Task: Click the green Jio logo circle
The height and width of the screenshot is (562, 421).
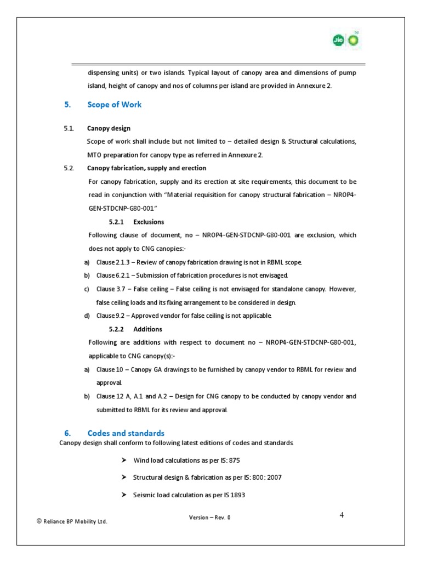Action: click(339, 40)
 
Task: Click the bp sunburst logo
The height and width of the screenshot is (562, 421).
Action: click(351, 40)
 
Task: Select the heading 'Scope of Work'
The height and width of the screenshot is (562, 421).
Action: click(114, 105)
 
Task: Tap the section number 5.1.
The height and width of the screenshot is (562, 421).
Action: click(68, 128)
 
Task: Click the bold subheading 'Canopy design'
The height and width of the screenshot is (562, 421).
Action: click(109, 128)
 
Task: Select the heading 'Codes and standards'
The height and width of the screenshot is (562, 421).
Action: click(126, 434)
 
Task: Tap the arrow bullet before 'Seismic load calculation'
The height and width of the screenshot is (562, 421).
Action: click(124, 495)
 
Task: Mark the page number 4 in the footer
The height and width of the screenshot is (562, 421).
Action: click(342, 515)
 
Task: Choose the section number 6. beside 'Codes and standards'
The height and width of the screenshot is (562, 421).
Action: click(67, 434)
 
